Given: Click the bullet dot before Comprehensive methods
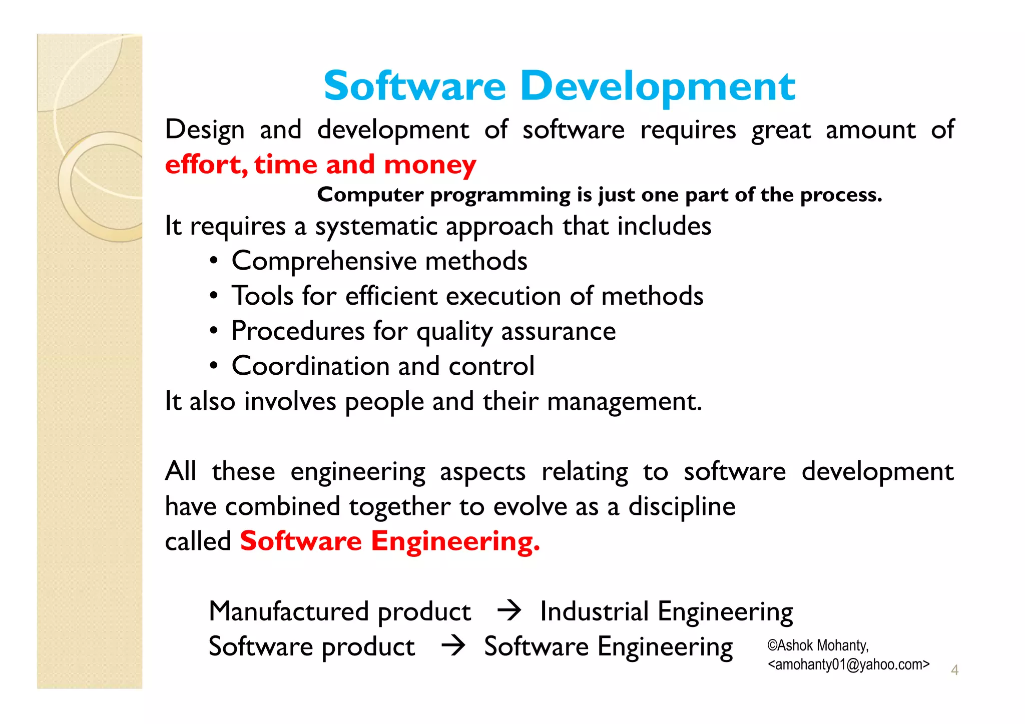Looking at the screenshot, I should (x=214, y=261).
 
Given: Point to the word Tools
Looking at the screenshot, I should (x=262, y=296).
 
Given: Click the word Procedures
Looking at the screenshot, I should (x=298, y=331).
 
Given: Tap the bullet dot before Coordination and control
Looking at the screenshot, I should (x=214, y=366).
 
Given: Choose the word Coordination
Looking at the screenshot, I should (x=311, y=366).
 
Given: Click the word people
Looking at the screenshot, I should (x=384, y=402).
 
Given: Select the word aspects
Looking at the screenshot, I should (x=482, y=472).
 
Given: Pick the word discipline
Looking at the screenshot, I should (x=682, y=507).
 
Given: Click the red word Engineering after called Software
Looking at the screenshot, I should (x=455, y=542).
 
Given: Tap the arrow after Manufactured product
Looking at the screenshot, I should (x=509, y=611).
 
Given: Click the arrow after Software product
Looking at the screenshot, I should (x=453, y=646).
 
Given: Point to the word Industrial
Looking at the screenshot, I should (x=594, y=611).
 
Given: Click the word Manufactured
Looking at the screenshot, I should (x=289, y=611).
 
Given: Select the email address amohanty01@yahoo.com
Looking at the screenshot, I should (x=848, y=664).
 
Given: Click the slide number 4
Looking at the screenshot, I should (x=954, y=670).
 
